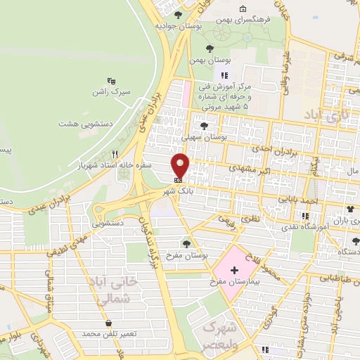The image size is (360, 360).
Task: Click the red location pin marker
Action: (181, 166)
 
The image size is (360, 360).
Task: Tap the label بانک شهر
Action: (178, 191)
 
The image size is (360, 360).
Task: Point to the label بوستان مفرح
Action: (184, 255)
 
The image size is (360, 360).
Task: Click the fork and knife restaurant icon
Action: (115, 154)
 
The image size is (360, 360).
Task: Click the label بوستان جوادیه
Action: (178, 25)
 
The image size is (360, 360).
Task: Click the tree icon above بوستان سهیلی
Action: (204, 126)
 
